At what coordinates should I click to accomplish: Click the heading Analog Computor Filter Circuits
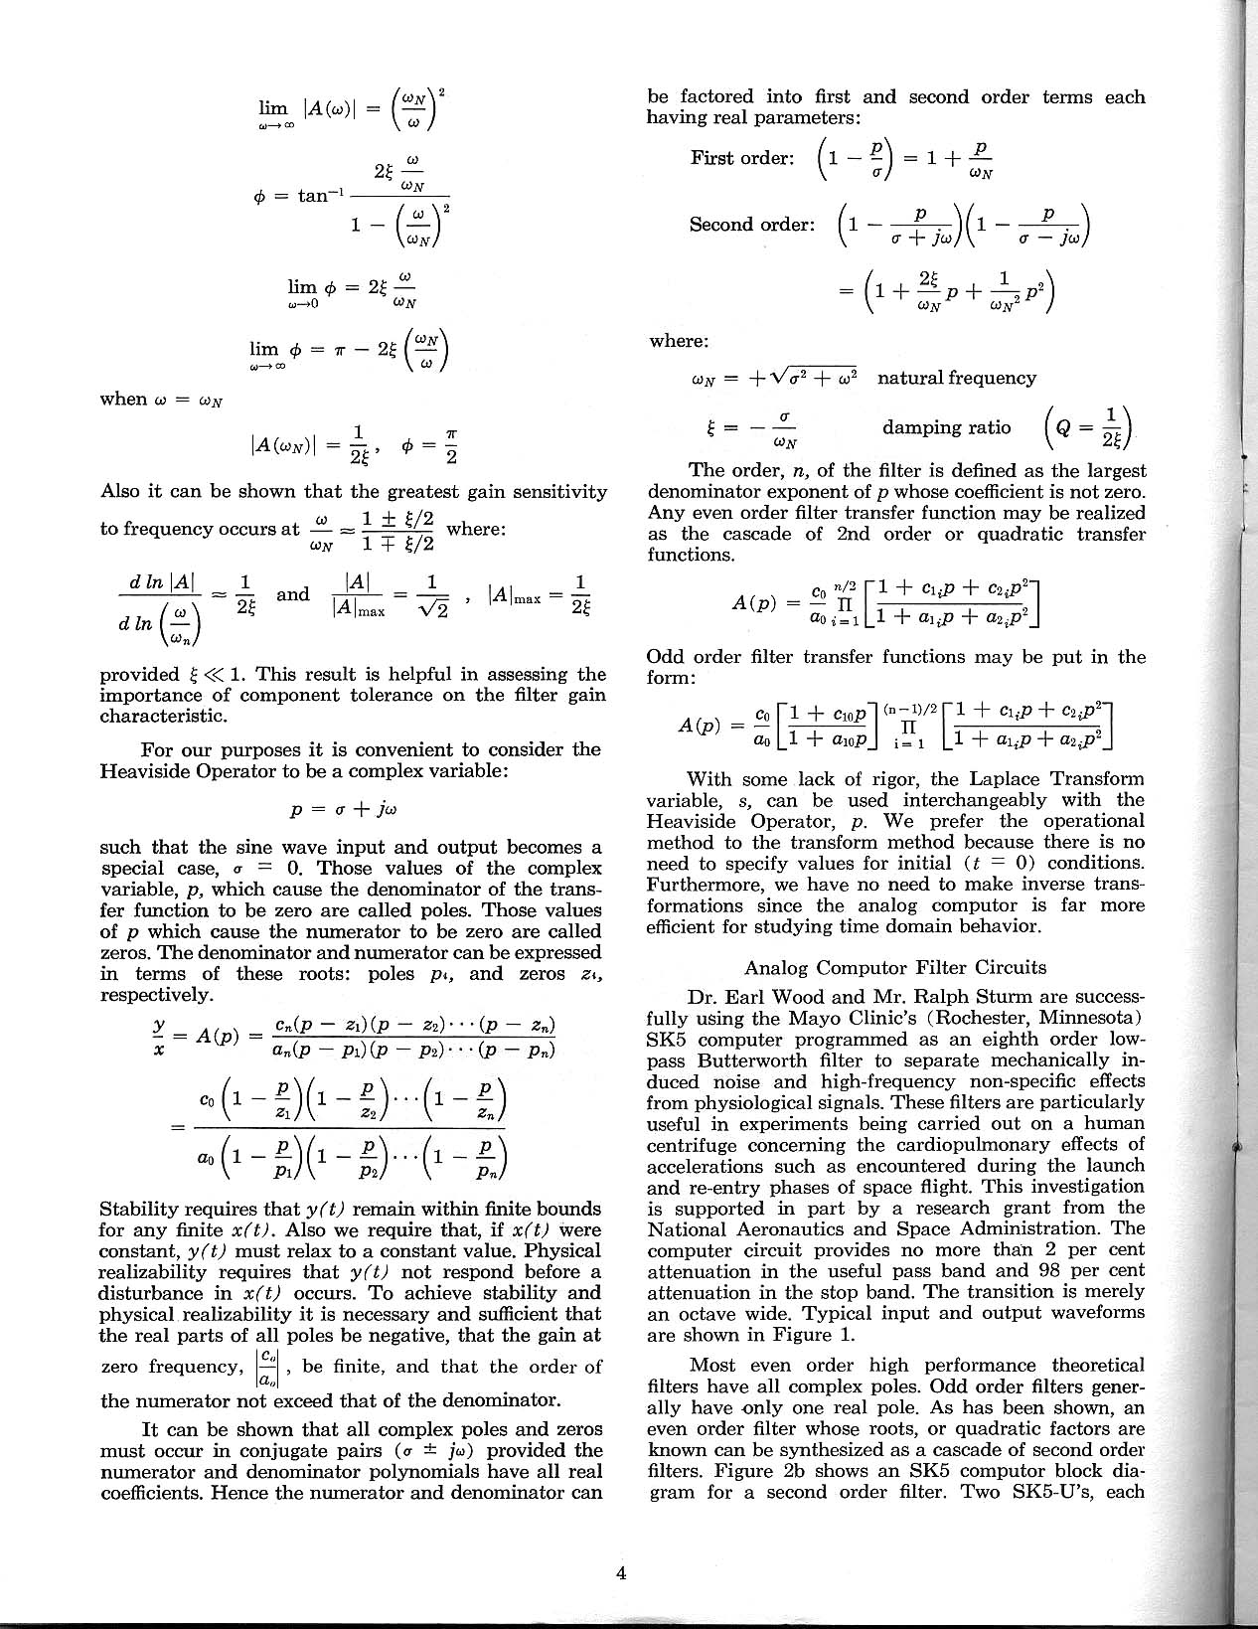tap(895, 967)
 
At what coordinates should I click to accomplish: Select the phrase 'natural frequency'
tap(957, 378)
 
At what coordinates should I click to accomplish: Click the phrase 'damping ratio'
tap(946, 427)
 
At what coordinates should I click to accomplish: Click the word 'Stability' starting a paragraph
tap(141, 1210)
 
